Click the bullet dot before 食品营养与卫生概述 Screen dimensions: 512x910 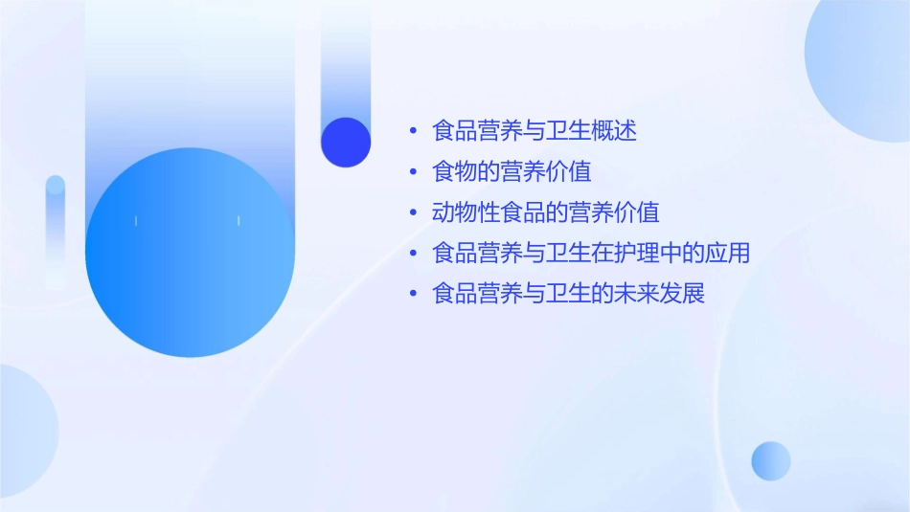coord(413,131)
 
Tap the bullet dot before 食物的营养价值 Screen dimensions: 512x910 coord(413,172)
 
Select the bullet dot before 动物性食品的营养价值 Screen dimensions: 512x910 coord(413,212)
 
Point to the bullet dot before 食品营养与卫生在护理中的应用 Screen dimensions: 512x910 coord(413,254)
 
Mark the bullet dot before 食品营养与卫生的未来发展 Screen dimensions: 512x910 coord(413,294)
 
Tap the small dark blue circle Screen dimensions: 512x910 coord(346,142)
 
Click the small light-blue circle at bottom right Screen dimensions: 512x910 coord(771,460)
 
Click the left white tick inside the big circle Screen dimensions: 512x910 coord(136,221)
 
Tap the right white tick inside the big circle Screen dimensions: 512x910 coord(239,221)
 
